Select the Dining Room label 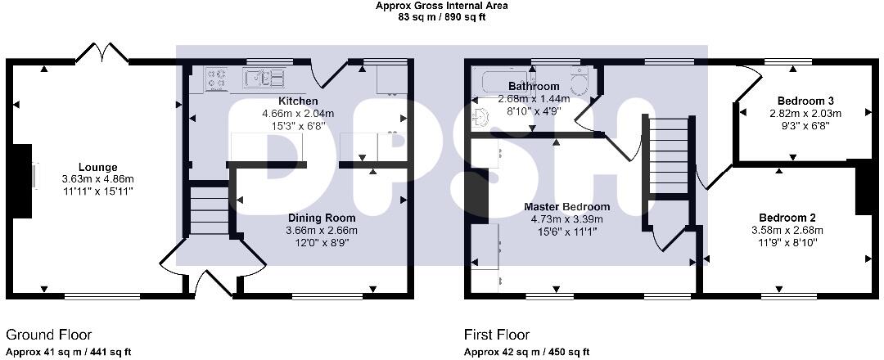pos(322,218)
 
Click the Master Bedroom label pos(566,206)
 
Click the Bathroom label pos(534,86)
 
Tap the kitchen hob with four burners pos(217,78)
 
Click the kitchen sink pos(264,78)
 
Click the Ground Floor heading pos(48,335)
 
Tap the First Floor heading pos(497,335)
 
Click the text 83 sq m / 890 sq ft pos(441,16)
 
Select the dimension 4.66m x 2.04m pos(293,113)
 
